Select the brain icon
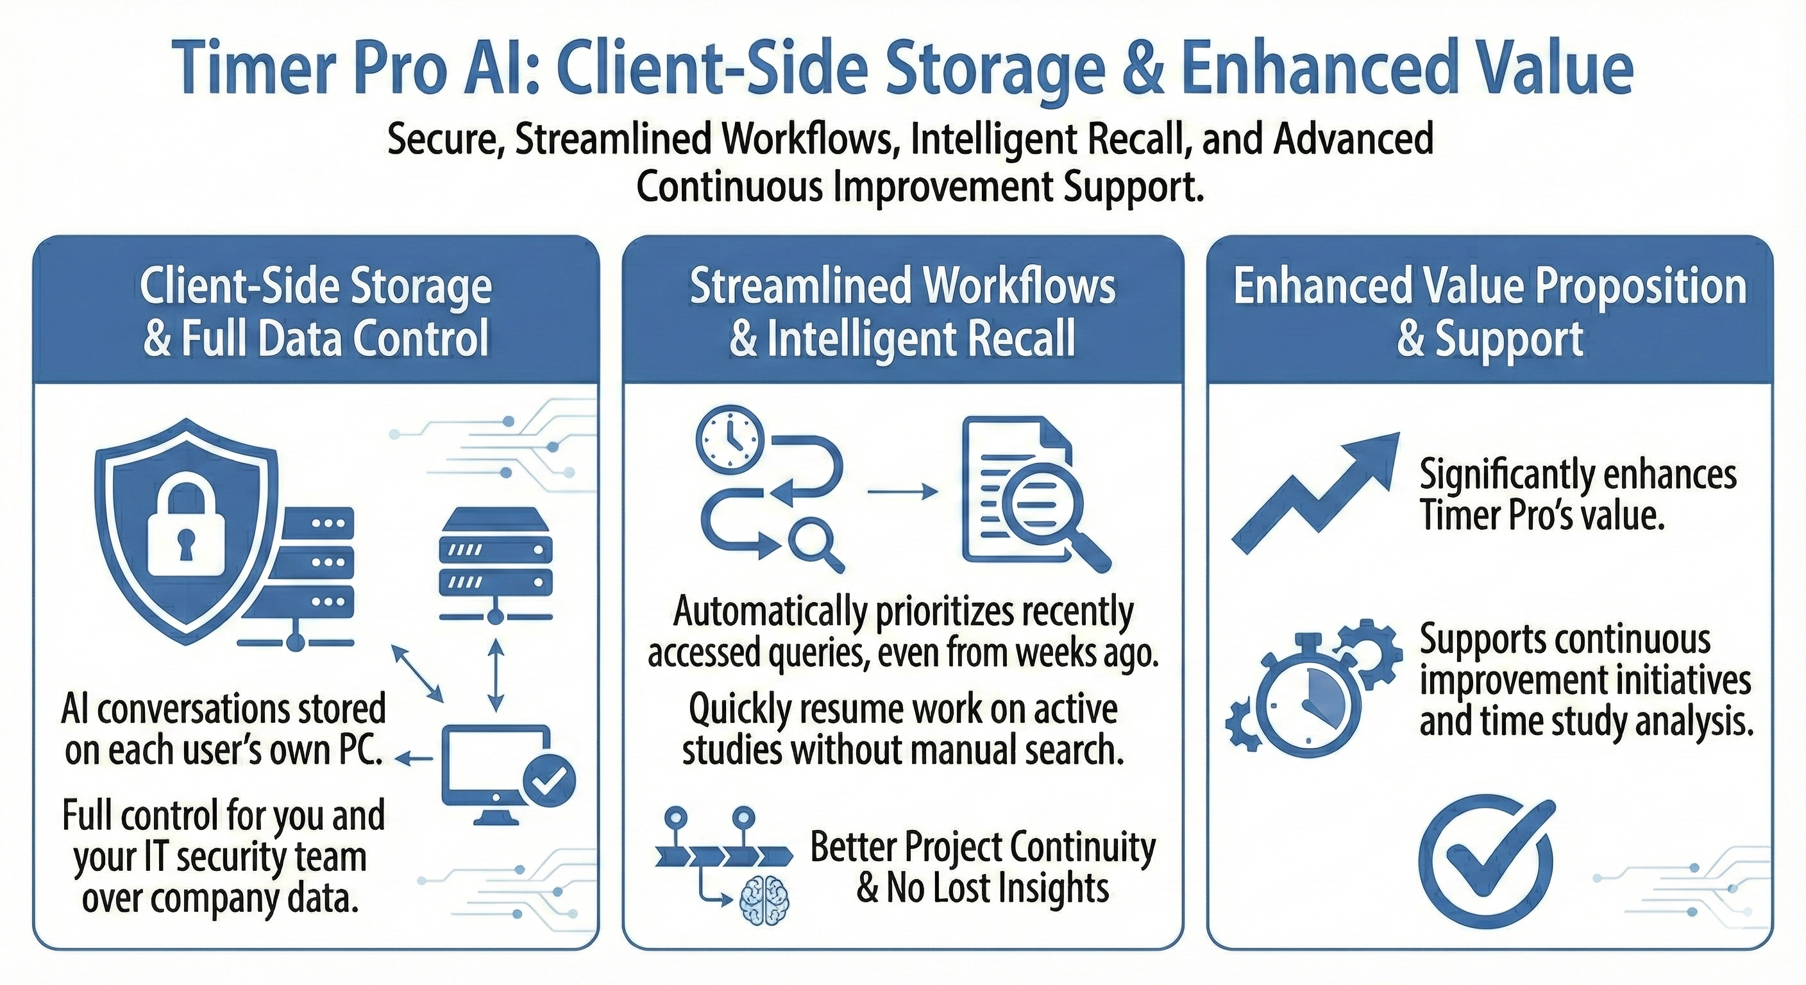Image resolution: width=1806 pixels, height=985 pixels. (x=765, y=901)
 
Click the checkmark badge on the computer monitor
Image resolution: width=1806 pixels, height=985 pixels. (x=549, y=780)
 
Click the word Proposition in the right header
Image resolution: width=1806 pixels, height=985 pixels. (x=1641, y=287)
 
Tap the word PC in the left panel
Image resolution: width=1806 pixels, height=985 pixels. (x=360, y=751)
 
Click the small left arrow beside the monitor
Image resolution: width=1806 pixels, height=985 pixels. (x=414, y=758)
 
